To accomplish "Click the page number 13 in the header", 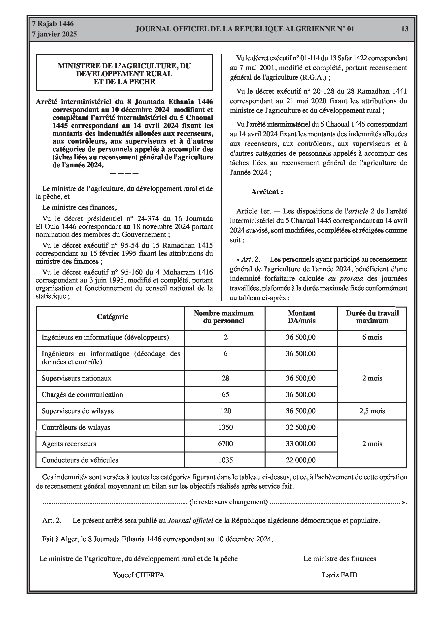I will [x=405, y=29].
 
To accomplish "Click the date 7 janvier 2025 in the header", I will [x=54, y=34].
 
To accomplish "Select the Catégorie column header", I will [x=112, y=316].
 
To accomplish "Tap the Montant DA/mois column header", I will [x=301, y=317].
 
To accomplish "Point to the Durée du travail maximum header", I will [x=372, y=317].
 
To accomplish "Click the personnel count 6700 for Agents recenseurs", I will [x=225, y=444].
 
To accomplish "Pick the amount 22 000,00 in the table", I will [x=301, y=460].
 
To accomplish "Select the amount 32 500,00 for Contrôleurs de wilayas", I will [x=301, y=427].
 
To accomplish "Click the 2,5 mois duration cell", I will [x=372, y=411].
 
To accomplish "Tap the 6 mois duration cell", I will [x=372, y=337].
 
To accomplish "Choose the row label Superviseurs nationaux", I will [x=76, y=378].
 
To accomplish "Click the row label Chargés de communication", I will [x=82, y=395].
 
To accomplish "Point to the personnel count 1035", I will [x=225, y=460].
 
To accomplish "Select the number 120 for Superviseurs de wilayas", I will [x=225, y=411].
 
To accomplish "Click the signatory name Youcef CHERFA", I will [x=138, y=575].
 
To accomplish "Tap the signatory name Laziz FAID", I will [x=340, y=575].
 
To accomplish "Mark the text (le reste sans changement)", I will [x=228, y=502].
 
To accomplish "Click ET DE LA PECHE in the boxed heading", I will [x=124, y=82].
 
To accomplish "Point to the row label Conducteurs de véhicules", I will [x=80, y=460].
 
